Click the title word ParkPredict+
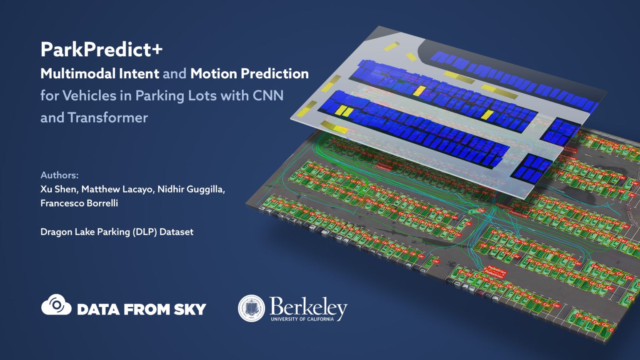(101, 50)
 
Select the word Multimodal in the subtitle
(78, 74)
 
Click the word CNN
(268, 96)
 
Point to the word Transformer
(107, 118)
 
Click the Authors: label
(60, 175)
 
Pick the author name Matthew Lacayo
(117, 189)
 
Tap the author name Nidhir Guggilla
(191, 189)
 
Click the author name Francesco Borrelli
(79, 203)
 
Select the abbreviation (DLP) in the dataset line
(145, 232)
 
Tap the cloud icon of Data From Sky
(56, 305)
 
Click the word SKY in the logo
(190, 310)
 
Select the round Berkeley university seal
(251, 308)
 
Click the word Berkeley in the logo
(308, 307)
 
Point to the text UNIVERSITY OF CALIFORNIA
(302, 319)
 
